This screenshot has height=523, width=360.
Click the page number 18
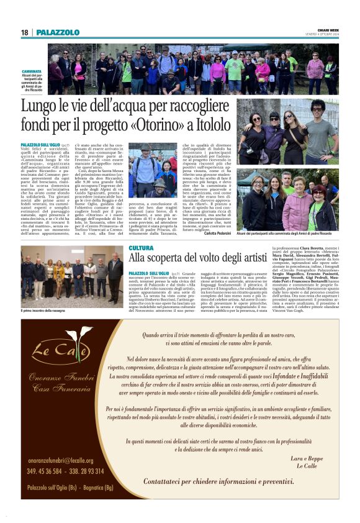(25, 32)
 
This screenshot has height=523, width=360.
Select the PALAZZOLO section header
(58, 32)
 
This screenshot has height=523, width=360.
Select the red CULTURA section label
(141, 248)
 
